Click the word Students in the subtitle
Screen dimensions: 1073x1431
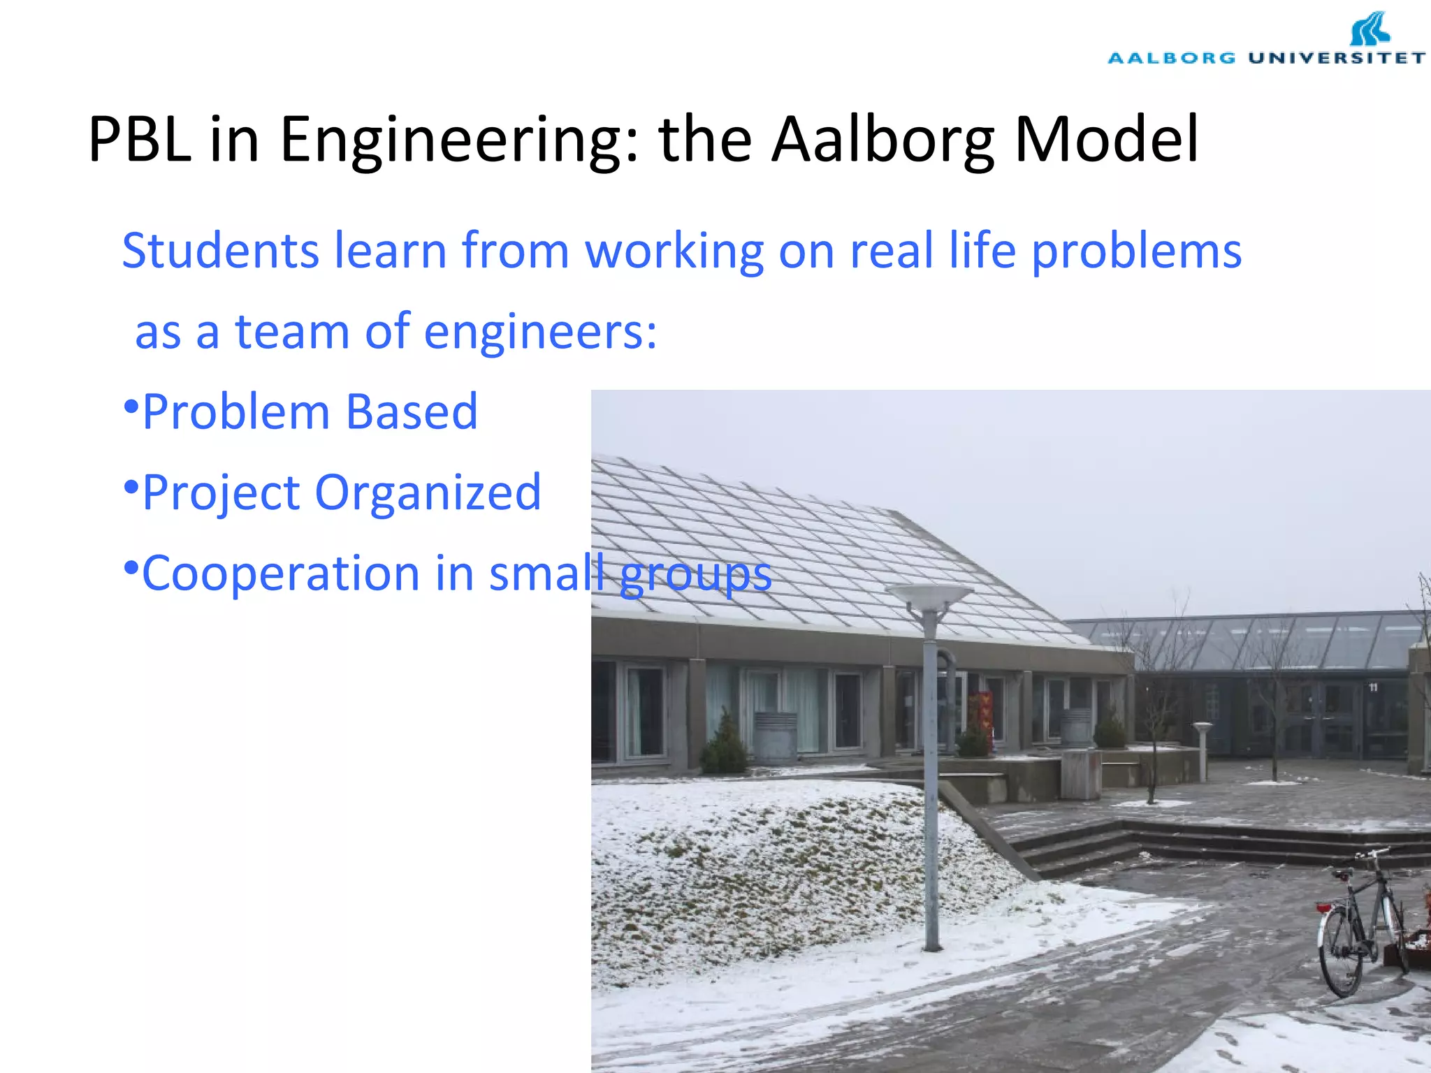tap(220, 251)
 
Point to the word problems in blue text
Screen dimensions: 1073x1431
tap(1137, 251)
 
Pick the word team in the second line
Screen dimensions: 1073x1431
tap(292, 331)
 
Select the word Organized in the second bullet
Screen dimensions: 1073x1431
tap(428, 492)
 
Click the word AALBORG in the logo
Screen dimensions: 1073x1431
tap(1172, 58)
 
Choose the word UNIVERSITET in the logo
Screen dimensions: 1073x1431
tap(1337, 58)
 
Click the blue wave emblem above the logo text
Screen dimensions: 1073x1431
tap(1370, 29)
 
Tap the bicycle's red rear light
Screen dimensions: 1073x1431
tap(1323, 907)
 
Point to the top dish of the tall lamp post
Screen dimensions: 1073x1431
tap(929, 594)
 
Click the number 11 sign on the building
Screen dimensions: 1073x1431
tap(1373, 687)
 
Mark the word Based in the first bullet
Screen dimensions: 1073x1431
tap(412, 412)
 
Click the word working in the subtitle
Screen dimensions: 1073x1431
tap(674, 251)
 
